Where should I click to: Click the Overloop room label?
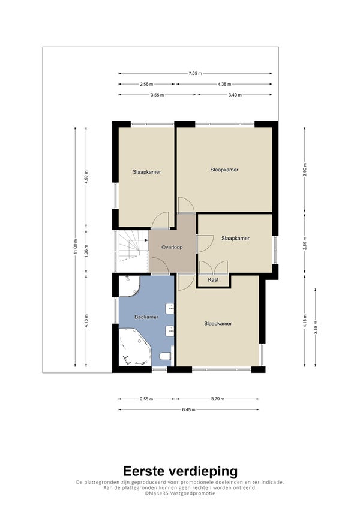(x=172, y=248)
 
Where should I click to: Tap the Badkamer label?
(x=146, y=317)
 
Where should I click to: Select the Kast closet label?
(x=213, y=279)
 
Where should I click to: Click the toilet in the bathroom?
(x=166, y=356)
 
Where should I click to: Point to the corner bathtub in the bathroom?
(x=134, y=347)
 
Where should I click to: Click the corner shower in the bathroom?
(x=128, y=285)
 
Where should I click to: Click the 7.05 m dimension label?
(x=195, y=73)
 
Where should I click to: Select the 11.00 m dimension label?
(x=75, y=247)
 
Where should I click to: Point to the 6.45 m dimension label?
(x=189, y=409)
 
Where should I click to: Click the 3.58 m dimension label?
(x=316, y=327)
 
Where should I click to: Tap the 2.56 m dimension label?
(x=146, y=84)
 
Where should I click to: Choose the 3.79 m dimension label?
(x=218, y=399)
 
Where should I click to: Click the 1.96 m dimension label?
(x=86, y=251)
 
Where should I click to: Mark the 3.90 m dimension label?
(x=305, y=170)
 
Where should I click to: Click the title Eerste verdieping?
(x=180, y=471)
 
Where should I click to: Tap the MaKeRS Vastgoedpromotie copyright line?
(x=180, y=493)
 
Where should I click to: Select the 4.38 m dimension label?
(x=224, y=84)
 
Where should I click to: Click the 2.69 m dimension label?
(x=305, y=243)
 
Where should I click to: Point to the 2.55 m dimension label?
(x=146, y=399)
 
